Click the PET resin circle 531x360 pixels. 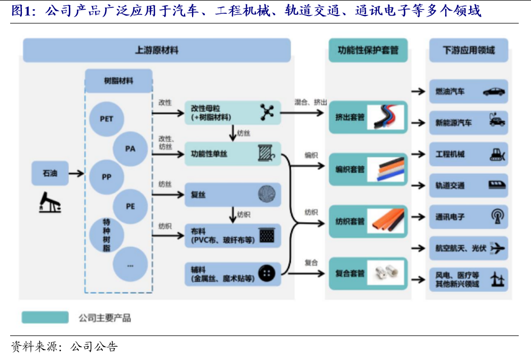[107, 118]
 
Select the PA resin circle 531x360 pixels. [130, 148]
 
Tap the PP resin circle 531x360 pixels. [107, 177]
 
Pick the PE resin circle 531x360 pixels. [130, 206]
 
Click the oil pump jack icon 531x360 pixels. [50, 203]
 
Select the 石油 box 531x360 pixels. [50, 173]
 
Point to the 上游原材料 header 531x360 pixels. [156, 51]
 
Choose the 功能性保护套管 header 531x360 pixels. [368, 51]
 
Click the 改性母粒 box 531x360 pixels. [233, 113]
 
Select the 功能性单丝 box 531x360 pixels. [233, 154]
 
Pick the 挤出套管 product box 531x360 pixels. [368, 116]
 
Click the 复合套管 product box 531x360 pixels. [368, 273]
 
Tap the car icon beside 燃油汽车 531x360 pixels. [494, 92]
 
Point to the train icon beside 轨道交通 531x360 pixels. [497, 186]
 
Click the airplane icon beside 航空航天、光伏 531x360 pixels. [497, 248]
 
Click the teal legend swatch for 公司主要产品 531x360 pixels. [45, 318]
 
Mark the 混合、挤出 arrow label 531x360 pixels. [311, 102]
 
